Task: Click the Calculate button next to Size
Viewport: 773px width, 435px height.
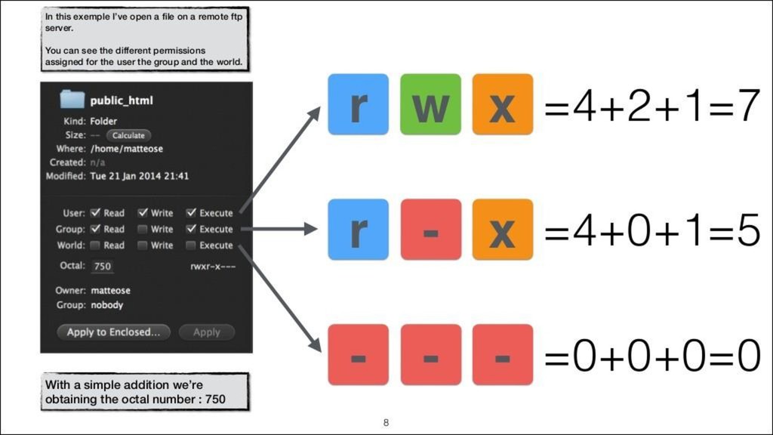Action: click(x=128, y=135)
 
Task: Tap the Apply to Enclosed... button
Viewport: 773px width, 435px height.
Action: click(x=113, y=332)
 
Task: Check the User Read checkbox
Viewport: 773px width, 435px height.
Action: click(x=96, y=213)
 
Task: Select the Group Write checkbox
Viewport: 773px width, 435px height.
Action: click(x=143, y=229)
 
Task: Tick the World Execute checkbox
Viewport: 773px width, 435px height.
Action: click(x=191, y=245)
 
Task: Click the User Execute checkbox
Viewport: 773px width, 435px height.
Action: click(x=191, y=213)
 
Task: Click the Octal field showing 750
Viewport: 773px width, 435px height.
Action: click(x=102, y=266)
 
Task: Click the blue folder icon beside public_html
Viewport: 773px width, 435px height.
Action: click(x=72, y=100)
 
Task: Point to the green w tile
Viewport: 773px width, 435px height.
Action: click(x=430, y=105)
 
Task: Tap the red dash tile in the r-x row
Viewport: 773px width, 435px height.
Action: click(x=430, y=230)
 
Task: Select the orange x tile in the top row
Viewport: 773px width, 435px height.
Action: click(x=502, y=105)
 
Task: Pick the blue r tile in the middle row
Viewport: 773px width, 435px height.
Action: click(x=358, y=230)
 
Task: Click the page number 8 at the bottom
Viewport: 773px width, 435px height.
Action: click(x=386, y=422)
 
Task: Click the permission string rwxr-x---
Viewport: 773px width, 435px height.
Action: click(x=212, y=266)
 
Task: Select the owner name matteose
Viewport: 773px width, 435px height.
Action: click(x=110, y=290)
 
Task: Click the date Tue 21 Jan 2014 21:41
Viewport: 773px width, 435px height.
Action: click(x=139, y=176)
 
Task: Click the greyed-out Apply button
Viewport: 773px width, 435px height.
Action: click(x=206, y=332)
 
